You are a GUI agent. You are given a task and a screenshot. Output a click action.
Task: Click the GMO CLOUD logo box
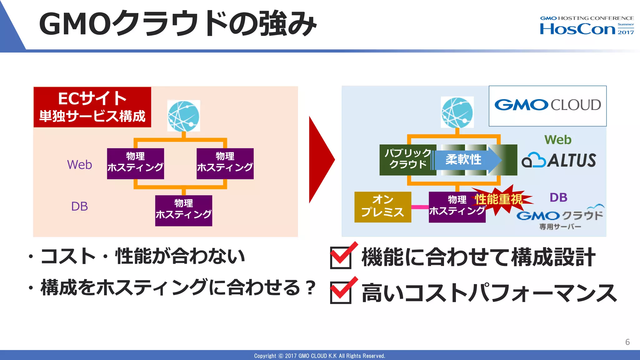point(547,106)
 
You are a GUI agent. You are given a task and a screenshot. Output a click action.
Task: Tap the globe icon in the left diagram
point(183,116)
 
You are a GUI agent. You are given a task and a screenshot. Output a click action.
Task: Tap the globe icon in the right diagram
point(457,112)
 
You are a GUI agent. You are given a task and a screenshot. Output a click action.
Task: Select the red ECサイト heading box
point(92,107)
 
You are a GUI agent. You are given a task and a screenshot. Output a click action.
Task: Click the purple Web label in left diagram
point(79,165)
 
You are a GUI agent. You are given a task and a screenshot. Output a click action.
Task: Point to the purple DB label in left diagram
point(79,207)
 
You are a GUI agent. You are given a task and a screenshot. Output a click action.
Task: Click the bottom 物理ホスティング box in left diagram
point(183,211)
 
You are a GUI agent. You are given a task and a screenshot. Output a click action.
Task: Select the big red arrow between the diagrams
point(320,160)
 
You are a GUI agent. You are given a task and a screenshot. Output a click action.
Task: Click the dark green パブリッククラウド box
point(407,160)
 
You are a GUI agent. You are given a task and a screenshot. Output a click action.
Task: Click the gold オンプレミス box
point(382,207)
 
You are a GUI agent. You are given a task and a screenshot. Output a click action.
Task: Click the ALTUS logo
point(559,160)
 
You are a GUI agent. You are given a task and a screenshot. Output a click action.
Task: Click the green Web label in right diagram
point(558,140)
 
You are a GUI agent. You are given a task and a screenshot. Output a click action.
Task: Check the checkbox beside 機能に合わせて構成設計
point(341,257)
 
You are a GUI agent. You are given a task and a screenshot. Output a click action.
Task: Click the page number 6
point(627,342)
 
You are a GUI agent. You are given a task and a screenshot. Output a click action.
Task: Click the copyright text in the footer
point(319,356)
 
